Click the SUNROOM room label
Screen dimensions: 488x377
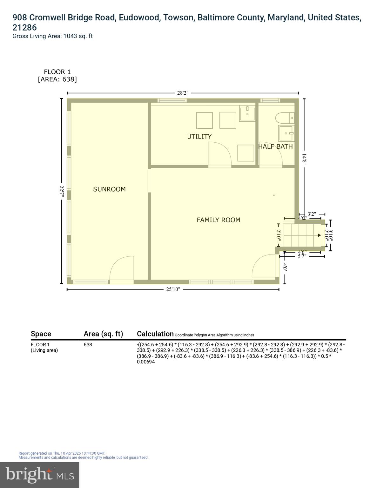pyautogui.click(x=109, y=189)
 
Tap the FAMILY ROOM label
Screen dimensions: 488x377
pyautogui.click(x=218, y=220)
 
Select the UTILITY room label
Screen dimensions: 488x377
pyautogui.click(x=199, y=137)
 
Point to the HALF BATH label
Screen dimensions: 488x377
pyautogui.click(x=275, y=146)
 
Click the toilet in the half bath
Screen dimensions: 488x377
pyautogui.click(x=285, y=119)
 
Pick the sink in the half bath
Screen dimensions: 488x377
pyautogui.click(x=286, y=133)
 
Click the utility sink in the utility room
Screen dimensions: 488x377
pyautogui.click(x=247, y=114)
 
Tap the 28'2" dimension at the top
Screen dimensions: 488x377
pyautogui.click(x=183, y=93)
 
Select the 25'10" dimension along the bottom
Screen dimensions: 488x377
pyautogui.click(x=173, y=289)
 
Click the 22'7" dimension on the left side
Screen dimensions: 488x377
pyautogui.click(x=62, y=192)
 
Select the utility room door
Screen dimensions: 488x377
pyautogui.click(x=219, y=154)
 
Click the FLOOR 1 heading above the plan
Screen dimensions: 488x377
pyautogui.click(x=57, y=72)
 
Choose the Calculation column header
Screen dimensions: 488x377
pyautogui.click(x=155, y=334)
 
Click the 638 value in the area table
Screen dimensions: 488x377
pyautogui.click(x=88, y=345)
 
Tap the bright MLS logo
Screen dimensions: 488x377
pyautogui.click(x=39, y=475)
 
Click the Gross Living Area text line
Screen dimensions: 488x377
pyautogui.click(x=52, y=36)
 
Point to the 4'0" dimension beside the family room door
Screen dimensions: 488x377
pyautogui.click(x=285, y=268)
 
